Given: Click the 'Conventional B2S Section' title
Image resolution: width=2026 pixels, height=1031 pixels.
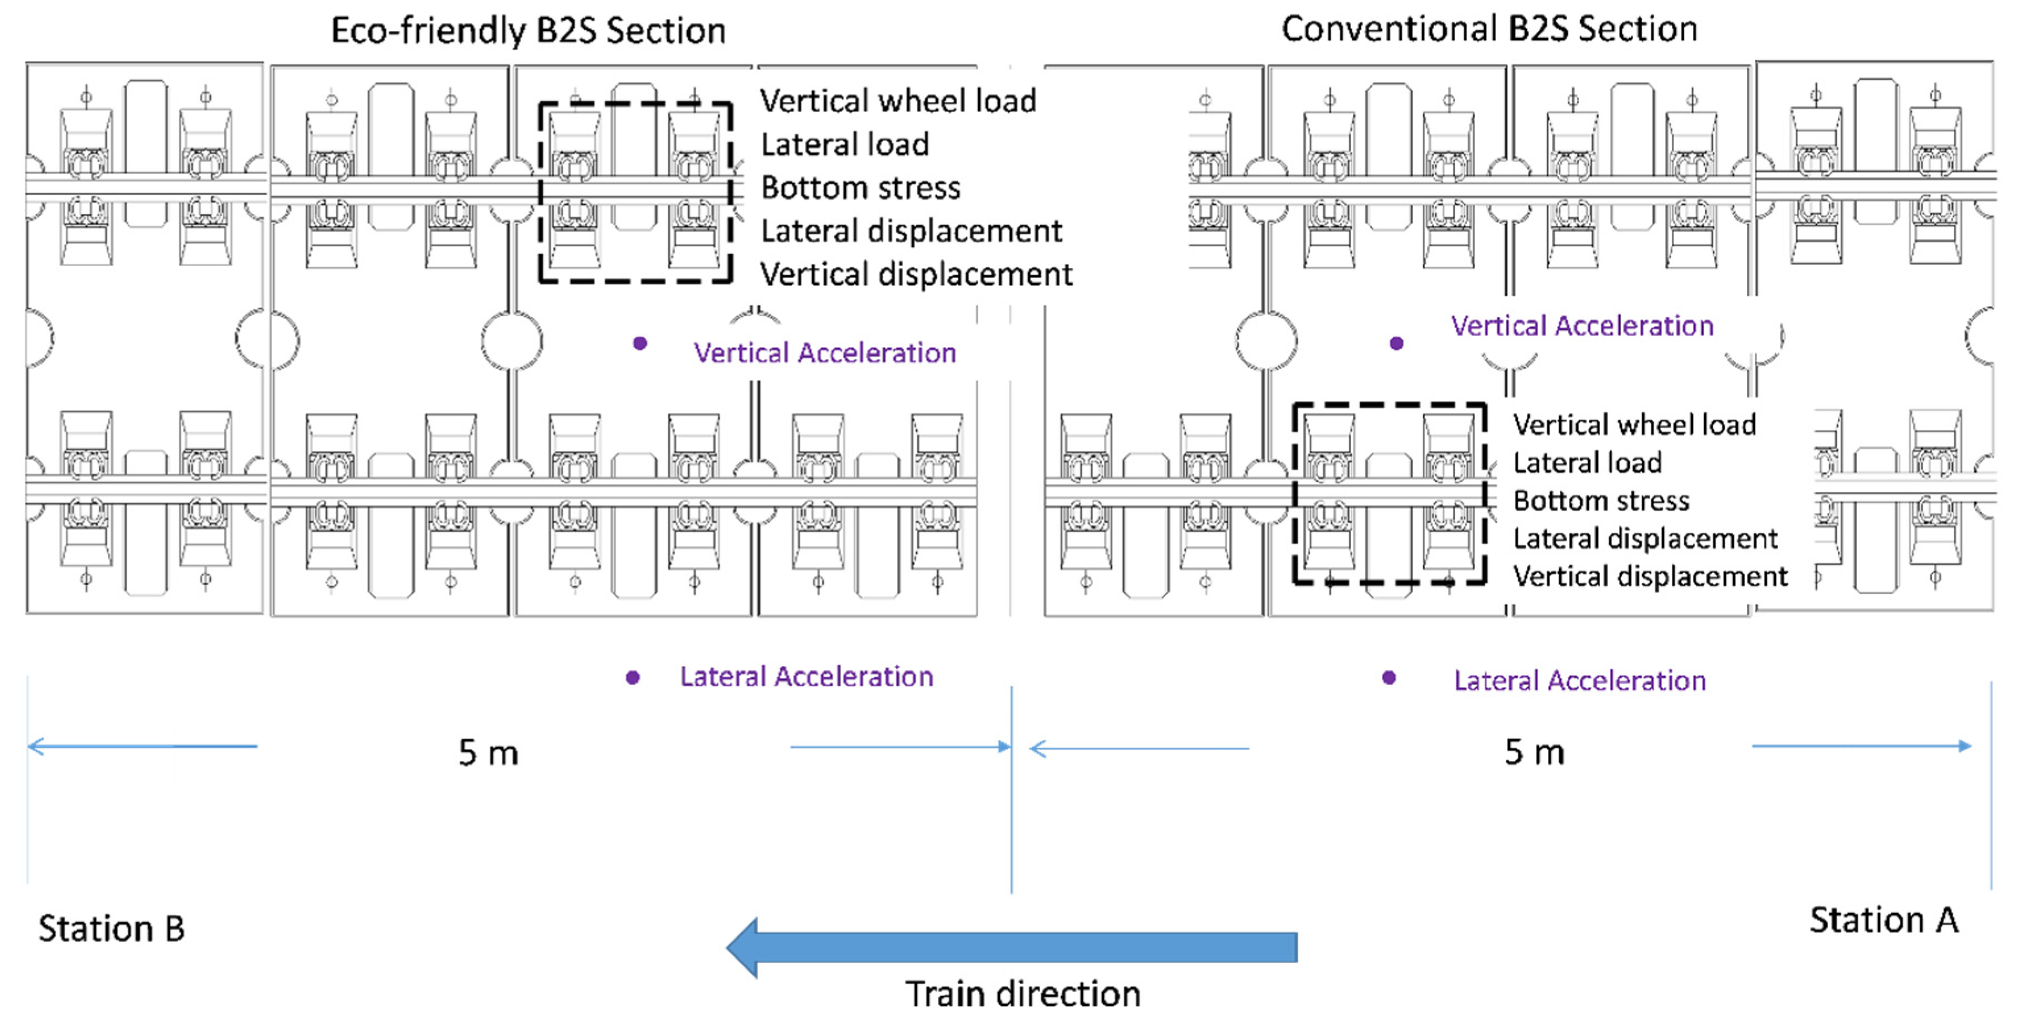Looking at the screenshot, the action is [x=1489, y=29].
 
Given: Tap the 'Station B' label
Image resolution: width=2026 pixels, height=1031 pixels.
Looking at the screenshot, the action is [x=112, y=929].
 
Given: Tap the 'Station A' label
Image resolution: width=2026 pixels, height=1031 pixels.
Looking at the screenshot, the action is [x=1884, y=920].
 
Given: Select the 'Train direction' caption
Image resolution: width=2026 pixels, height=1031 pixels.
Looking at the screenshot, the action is [x=1022, y=994].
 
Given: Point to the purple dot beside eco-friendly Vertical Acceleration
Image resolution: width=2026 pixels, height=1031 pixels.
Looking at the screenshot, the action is [x=640, y=343].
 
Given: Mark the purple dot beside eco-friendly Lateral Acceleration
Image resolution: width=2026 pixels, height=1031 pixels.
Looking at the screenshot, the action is [x=632, y=677].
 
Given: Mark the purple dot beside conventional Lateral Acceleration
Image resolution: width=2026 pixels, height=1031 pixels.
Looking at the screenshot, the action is [x=1389, y=677].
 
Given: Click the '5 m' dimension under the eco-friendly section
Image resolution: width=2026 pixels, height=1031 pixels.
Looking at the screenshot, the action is [x=489, y=753].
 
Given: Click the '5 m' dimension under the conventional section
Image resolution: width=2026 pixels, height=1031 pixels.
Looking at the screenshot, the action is [x=1535, y=753].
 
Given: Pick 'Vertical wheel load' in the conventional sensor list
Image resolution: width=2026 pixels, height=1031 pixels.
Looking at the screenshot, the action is [x=1634, y=425].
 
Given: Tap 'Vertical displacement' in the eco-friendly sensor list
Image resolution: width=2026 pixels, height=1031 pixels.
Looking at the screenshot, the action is [x=916, y=274].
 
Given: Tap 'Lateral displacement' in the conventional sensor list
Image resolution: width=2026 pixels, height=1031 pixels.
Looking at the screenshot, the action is [x=1645, y=539].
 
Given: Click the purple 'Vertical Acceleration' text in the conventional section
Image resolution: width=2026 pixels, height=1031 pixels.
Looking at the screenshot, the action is [x=1582, y=326].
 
